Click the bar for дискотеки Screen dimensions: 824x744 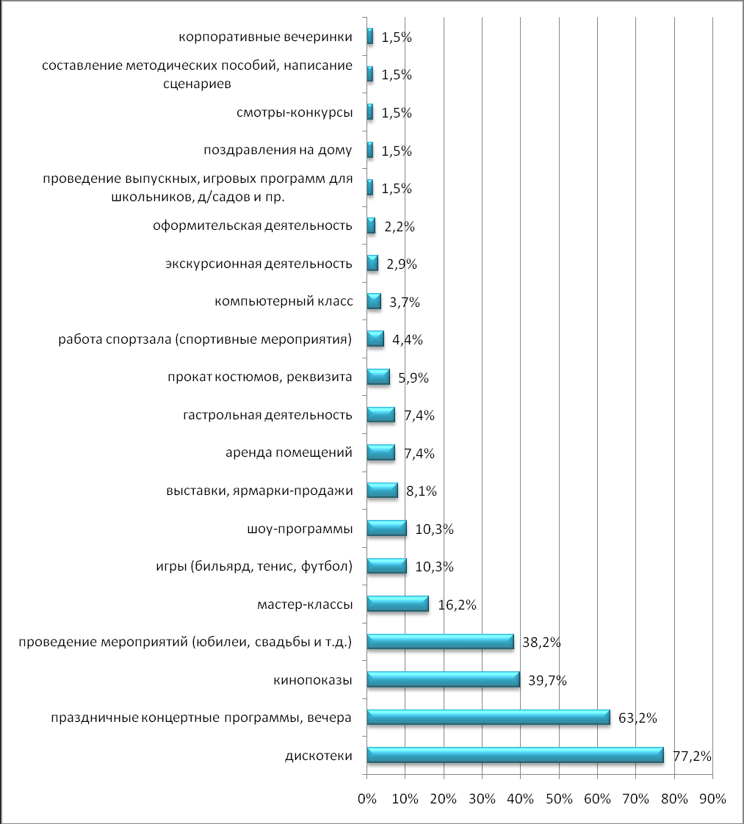click(x=514, y=755)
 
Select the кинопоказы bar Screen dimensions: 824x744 click(x=443, y=679)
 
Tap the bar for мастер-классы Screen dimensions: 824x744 click(x=397, y=604)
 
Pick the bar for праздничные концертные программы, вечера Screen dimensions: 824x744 click(x=488, y=717)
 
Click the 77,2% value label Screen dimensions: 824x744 click(x=692, y=756)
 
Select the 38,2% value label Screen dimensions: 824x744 click(x=541, y=642)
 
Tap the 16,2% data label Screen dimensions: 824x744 click(x=457, y=604)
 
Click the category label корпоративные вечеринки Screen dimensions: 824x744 click(x=266, y=36)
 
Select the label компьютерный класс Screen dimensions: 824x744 click(x=283, y=301)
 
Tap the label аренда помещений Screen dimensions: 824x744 click(x=289, y=452)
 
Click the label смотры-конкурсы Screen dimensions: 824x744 click(x=295, y=112)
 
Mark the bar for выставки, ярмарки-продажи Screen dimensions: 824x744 click(x=382, y=490)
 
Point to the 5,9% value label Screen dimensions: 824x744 click(x=413, y=377)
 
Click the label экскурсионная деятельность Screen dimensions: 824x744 click(x=258, y=263)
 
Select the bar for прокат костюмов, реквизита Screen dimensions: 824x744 click(x=378, y=377)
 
